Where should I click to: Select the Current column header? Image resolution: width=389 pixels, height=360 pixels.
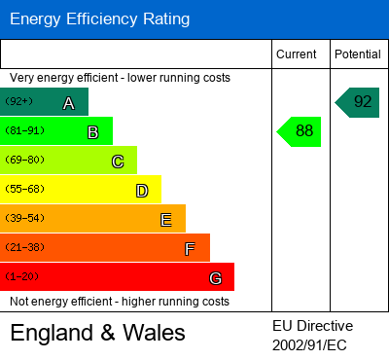click(x=297, y=54)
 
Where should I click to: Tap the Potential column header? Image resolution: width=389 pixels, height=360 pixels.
click(x=358, y=54)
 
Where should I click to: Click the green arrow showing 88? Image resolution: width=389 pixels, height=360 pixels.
click(x=301, y=131)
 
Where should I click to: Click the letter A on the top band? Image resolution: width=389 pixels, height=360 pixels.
click(x=68, y=103)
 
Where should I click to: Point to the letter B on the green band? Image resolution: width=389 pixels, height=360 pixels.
click(x=92, y=132)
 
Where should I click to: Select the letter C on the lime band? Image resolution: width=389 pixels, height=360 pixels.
click(x=117, y=162)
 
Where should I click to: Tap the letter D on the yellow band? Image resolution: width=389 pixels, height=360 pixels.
click(x=141, y=191)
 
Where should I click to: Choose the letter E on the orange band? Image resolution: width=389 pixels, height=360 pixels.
click(x=165, y=220)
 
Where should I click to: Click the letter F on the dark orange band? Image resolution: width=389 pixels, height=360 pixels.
click(x=190, y=249)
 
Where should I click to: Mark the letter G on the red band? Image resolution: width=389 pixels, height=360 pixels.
click(x=215, y=278)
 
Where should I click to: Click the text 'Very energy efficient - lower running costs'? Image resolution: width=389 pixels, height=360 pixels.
click(x=121, y=77)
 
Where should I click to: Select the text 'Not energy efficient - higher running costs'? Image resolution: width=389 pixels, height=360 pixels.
click(x=123, y=302)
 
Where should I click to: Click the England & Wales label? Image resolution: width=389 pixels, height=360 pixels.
click(x=97, y=334)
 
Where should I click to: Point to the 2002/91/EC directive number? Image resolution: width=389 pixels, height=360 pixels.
click(x=309, y=344)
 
